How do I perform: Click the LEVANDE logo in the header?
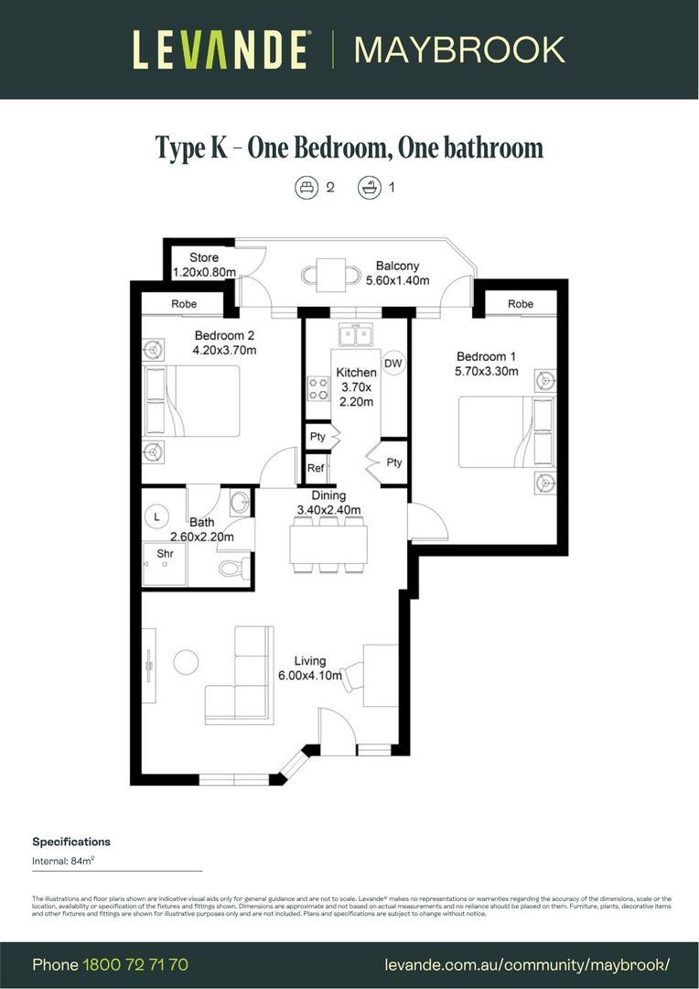tap(220, 49)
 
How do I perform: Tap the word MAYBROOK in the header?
tap(459, 49)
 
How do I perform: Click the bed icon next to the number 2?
tap(306, 188)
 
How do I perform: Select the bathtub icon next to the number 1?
tap(369, 188)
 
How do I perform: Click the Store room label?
tap(204, 257)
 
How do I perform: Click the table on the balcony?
tap(326, 272)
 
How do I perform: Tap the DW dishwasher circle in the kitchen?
tap(393, 363)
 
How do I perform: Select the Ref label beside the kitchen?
tap(316, 468)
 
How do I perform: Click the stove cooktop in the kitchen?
tap(318, 389)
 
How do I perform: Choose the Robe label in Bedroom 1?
tap(520, 304)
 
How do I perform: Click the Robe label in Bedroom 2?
tap(184, 304)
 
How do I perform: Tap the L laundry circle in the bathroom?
tap(157, 516)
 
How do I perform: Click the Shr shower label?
tap(165, 553)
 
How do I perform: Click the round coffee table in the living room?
tap(188, 661)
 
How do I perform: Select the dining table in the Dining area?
tap(328, 544)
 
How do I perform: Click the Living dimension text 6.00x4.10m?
tap(311, 676)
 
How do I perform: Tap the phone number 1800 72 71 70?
tap(135, 964)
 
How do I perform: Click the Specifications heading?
tap(71, 842)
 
